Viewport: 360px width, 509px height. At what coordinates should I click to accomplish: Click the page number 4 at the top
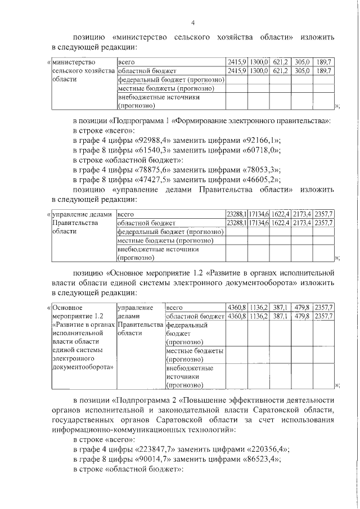pos(193,22)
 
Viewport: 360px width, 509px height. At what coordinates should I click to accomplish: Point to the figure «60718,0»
pos(264,150)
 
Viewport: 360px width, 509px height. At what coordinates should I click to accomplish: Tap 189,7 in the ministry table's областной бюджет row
pos(323,71)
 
